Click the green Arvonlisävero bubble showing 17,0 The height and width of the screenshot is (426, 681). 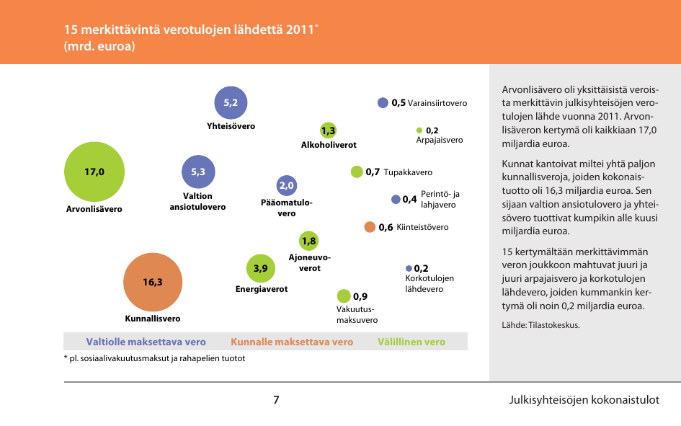tap(94, 172)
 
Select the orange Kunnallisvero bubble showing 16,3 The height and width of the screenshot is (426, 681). tap(153, 282)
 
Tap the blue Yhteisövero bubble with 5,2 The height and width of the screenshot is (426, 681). tap(231, 103)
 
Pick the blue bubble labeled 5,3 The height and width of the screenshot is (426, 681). tap(198, 172)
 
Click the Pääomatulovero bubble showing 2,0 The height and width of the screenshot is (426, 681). tap(287, 186)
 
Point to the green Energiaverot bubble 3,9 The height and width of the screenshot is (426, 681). tap(261, 269)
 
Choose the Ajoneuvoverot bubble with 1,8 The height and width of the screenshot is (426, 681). tap(309, 241)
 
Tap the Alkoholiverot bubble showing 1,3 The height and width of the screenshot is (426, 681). tap(329, 130)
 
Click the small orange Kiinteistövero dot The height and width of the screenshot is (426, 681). tap(370, 227)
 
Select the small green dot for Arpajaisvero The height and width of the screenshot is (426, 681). tap(419, 130)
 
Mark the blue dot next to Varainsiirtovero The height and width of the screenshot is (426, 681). tap(383, 103)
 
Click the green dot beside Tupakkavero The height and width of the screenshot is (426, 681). tap(357, 172)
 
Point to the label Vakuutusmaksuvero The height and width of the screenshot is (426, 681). tap(357, 315)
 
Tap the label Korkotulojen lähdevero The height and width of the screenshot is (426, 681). tap(430, 283)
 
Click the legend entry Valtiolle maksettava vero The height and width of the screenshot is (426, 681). tap(146, 342)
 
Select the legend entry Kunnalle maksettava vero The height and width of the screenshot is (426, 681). tap(292, 342)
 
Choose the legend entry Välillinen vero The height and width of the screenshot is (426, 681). tap(411, 342)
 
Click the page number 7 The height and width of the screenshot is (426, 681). tap(276, 400)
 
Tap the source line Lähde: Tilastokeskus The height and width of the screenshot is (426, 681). tap(540, 325)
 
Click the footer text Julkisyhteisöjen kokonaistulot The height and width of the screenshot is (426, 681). tap(584, 400)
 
